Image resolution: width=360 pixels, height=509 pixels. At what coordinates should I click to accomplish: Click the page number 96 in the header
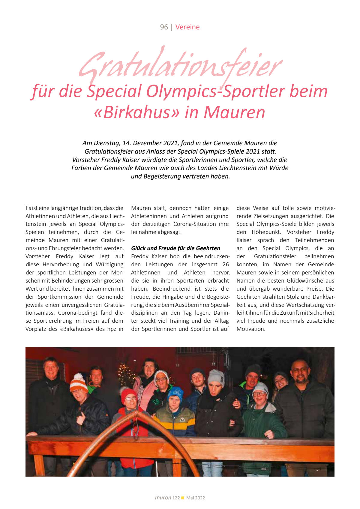[164, 27]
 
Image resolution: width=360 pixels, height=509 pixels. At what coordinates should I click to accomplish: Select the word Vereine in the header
[187, 27]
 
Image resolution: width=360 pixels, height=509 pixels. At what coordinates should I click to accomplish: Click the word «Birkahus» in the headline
[137, 112]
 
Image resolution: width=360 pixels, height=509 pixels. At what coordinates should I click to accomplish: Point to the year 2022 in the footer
[200, 498]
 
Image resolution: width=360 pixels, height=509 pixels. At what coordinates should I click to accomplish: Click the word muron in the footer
[163, 498]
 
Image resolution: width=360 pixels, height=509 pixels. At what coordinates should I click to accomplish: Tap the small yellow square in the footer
[183, 498]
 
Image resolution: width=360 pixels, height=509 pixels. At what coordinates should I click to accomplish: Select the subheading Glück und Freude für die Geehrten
[175, 248]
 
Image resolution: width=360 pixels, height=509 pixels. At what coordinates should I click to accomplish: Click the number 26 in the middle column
[226, 265]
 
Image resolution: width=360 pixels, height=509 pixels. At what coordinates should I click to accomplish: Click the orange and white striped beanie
[79, 382]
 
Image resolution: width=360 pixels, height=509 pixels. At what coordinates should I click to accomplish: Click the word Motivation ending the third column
[250, 329]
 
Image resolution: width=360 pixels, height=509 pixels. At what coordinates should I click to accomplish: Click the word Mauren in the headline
[234, 112]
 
